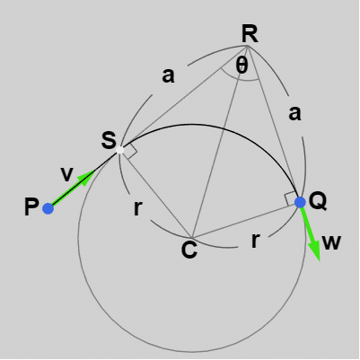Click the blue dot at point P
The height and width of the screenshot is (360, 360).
tap(48, 208)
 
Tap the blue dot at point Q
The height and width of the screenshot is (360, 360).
tap(300, 202)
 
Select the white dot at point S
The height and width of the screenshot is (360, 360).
tap(120, 150)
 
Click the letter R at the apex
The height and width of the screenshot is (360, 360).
tap(250, 34)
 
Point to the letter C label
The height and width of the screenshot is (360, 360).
tap(189, 250)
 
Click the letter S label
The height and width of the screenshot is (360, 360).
tap(109, 140)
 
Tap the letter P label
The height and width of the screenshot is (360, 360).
tap(31, 207)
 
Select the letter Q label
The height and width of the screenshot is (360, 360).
tap(318, 201)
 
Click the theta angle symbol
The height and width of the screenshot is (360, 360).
tap(241, 66)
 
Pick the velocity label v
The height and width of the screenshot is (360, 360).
tap(66, 174)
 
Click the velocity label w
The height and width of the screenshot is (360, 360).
tap(332, 242)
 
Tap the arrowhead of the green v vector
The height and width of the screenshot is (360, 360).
tap(87, 178)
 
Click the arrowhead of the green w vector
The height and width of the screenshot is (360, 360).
tap(315, 250)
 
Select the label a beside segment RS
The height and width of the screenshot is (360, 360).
tap(168, 75)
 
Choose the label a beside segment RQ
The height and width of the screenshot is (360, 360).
tap(294, 113)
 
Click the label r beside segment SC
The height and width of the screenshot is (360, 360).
tap(137, 208)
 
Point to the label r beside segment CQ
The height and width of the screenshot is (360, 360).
tap(255, 241)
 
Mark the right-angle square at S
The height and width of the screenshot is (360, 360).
tap(128, 152)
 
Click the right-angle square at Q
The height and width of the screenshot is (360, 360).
tap(291, 199)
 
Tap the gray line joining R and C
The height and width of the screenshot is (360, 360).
tap(219, 142)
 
